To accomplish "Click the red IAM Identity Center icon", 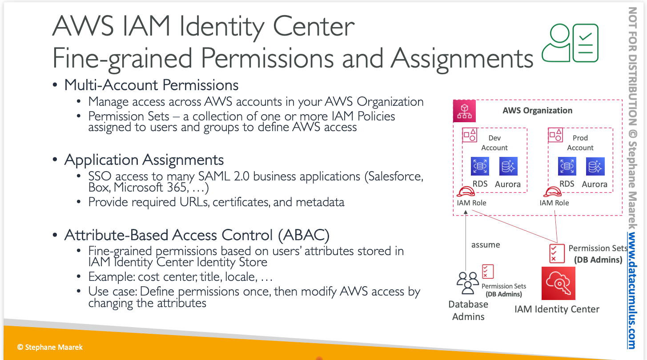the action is pyautogui.click(x=558, y=283).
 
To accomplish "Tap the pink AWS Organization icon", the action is pyautogui.click(x=464, y=111).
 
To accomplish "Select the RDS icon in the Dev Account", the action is pyautogui.click(x=480, y=166).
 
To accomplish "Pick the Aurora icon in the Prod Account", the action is pyautogui.click(x=595, y=166).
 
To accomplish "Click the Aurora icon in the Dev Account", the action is pyautogui.click(x=508, y=166).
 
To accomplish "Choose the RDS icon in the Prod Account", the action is pyautogui.click(x=567, y=166).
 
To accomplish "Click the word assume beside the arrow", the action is pyautogui.click(x=486, y=245).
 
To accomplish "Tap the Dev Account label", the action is pyautogui.click(x=494, y=143).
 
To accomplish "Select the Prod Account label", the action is pyautogui.click(x=580, y=143).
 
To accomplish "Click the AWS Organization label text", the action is pyautogui.click(x=537, y=111).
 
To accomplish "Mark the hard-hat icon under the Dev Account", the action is pyautogui.click(x=466, y=192).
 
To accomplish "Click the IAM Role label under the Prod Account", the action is pyautogui.click(x=554, y=203).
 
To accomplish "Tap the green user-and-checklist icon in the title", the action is pyautogui.click(x=570, y=43).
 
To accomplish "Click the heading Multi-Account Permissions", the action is pyautogui.click(x=151, y=85).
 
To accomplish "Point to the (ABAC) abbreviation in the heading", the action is pyautogui.click(x=304, y=235).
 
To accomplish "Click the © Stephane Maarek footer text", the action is pyautogui.click(x=50, y=347).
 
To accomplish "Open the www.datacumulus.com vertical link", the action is pyautogui.click(x=632, y=290).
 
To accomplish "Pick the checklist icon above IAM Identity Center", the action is pyautogui.click(x=557, y=253).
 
